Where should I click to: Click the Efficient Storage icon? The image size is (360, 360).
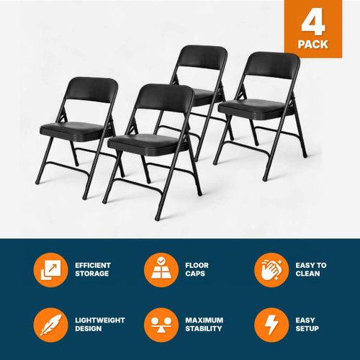[x=50, y=270]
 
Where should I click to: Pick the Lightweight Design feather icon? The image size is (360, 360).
[x=50, y=325]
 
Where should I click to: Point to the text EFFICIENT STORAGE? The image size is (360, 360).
[x=93, y=270]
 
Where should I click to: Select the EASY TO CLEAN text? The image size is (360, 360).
[x=312, y=270]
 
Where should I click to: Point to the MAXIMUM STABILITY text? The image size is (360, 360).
[x=204, y=325]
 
